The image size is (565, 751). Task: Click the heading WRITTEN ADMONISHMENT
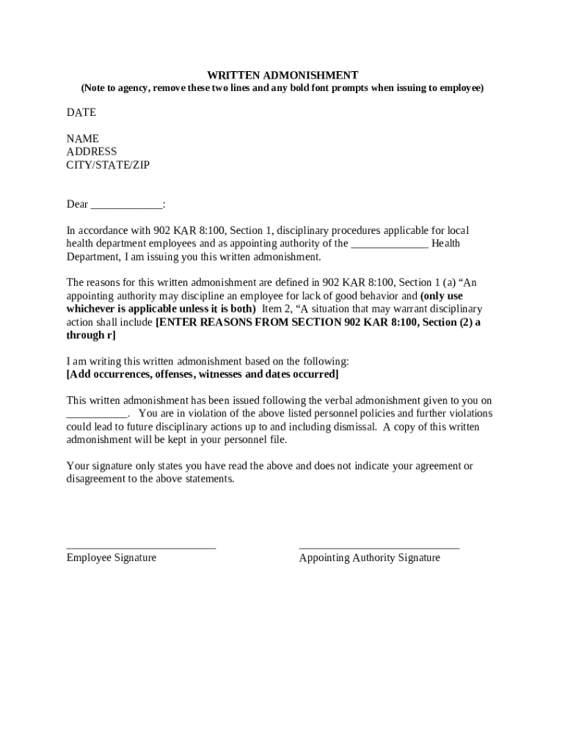282,75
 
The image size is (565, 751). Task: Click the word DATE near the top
81,112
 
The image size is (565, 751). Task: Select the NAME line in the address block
83,139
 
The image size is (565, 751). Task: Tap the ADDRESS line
92,152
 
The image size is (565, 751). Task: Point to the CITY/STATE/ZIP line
108,165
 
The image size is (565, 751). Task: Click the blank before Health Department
390,245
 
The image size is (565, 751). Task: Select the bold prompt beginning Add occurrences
203,374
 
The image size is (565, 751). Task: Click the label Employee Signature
112,557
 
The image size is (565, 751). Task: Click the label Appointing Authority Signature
370,557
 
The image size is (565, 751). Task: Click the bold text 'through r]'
91,335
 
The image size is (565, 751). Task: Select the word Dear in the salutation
78,204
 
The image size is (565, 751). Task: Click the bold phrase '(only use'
441,296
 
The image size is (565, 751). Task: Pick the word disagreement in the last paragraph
98,479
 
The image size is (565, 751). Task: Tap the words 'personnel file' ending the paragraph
255,440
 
